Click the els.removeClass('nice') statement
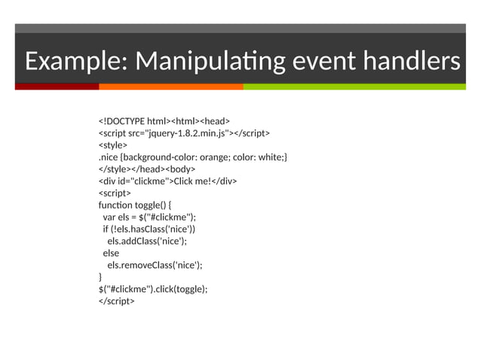(x=155, y=265)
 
